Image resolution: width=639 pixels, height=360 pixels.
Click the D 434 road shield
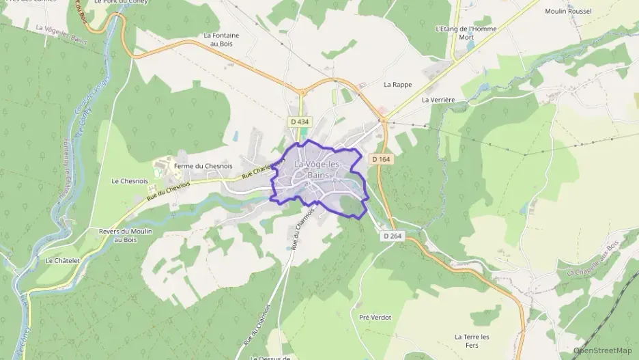pos(300,122)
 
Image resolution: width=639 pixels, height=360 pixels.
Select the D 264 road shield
pos(392,236)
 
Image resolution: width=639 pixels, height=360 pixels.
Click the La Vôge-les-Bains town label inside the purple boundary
pos(317,169)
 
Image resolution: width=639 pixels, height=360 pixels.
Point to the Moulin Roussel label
pos(568,11)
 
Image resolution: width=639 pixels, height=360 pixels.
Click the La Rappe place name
pos(397,85)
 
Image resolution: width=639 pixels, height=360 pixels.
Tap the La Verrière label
pos(438,100)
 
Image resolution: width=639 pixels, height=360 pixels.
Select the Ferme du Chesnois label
pos(203,166)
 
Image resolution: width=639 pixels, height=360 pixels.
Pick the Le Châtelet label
pos(63,260)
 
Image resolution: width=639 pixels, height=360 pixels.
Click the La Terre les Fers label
pos(476,341)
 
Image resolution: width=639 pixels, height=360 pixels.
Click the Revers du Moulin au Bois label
pos(125,236)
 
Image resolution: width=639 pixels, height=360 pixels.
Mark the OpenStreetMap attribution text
pos(603,350)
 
